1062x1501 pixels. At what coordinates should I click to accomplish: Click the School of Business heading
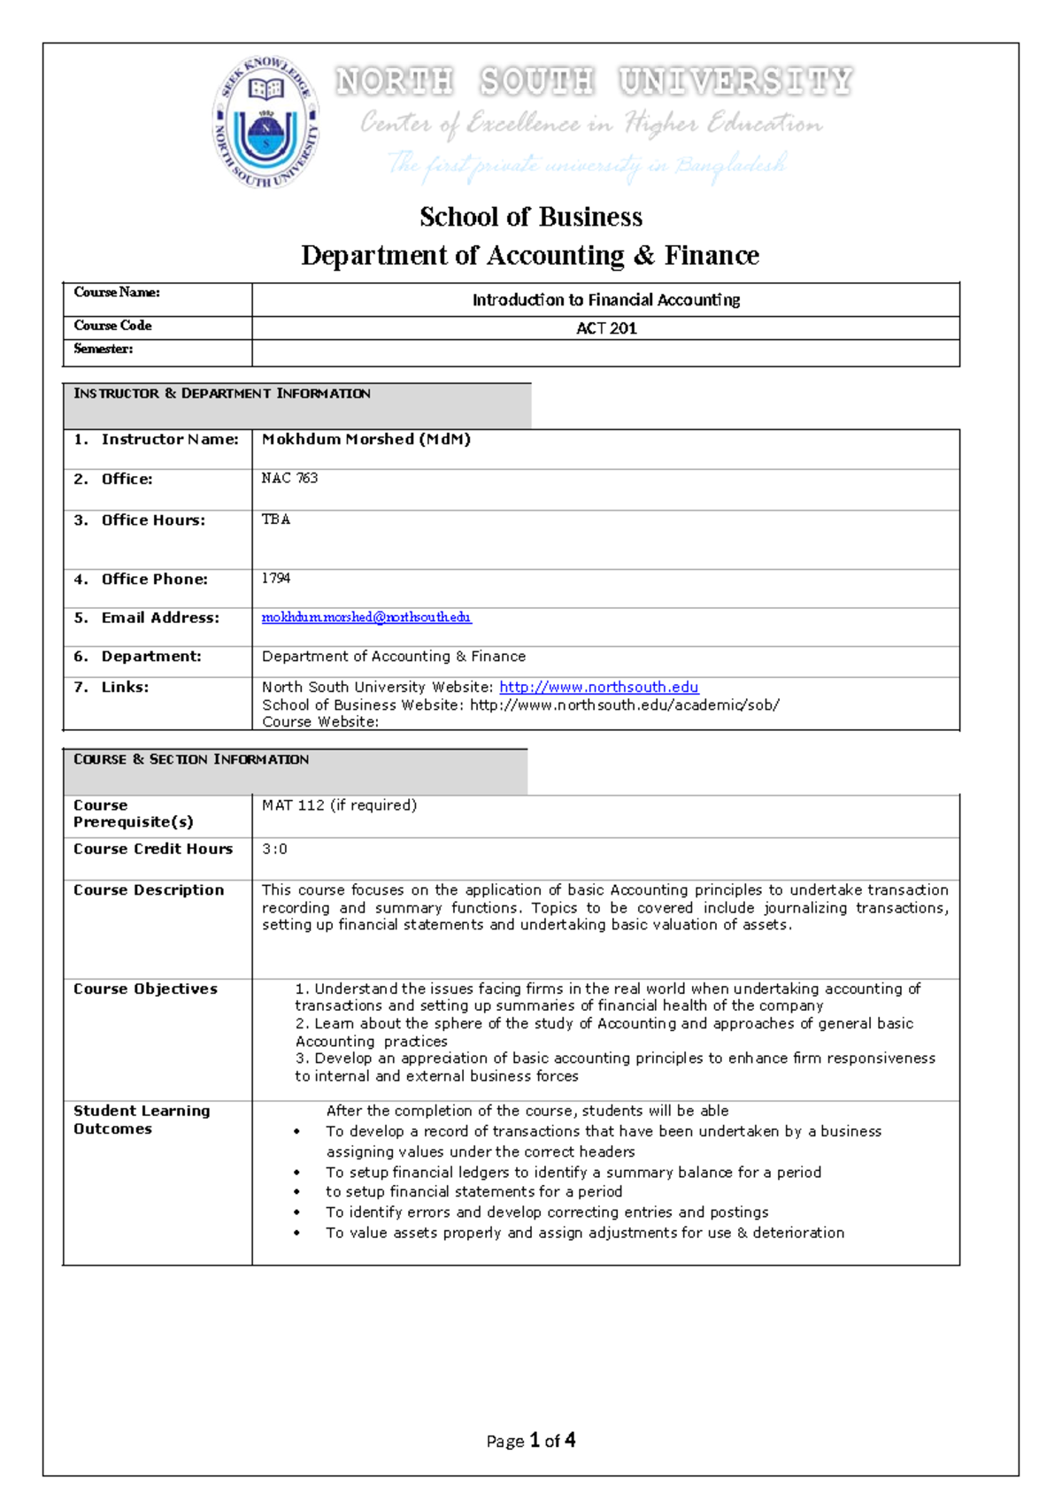pyautogui.click(x=531, y=217)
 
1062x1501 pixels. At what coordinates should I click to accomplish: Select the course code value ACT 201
pyautogui.click(x=606, y=328)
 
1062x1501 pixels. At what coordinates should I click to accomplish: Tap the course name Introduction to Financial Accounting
pyautogui.click(x=606, y=300)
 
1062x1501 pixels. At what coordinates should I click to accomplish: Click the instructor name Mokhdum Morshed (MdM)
pyautogui.click(x=366, y=439)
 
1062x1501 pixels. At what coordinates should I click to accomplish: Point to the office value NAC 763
pyautogui.click(x=289, y=478)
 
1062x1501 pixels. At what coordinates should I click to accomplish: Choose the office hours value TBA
pyautogui.click(x=275, y=520)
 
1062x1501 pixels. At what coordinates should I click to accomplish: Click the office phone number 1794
pyautogui.click(x=275, y=578)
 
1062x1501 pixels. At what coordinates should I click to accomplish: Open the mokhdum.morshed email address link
pyautogui.click(x=366, y=617)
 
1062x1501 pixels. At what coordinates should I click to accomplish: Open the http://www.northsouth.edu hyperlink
pyautogui.click(x=598, y=687)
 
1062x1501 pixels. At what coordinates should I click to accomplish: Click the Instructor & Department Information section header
pyautogui.click(x=222, y=394)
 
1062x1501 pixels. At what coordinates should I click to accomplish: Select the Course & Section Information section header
pyautogui.click(x=191, y=759)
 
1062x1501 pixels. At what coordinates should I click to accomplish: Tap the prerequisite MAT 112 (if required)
pyautogui.click(x=339, y=805)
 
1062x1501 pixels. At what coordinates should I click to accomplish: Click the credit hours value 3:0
pyautogui.click(x=274, y=849)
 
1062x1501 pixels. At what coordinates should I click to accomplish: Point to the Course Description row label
pyautogui.click(x=149, y=890)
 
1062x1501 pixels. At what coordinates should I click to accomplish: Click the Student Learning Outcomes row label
pyautogui.click(x=142, y=1120)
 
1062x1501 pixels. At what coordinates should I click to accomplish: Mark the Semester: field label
pyautogui.click(x=104, y=349)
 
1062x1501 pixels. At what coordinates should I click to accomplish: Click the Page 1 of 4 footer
pyautogui.click(x=531, y=1441)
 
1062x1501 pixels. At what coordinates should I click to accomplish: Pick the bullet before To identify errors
pyautogui.click(x=296, y=1213)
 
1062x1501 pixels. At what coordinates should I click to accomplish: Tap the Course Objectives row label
pyautogui.click(x=145, y=989)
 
